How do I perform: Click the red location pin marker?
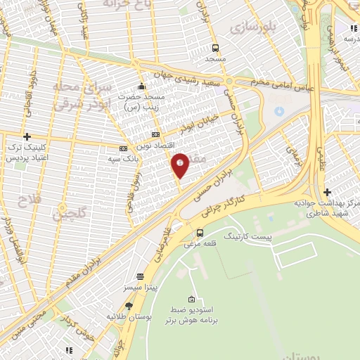[x=180, y=164]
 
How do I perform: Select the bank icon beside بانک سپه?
[x=123, y=148]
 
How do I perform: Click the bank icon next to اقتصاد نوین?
[x=155, y=134]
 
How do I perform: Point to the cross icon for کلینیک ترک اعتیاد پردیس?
[x=27, y=136]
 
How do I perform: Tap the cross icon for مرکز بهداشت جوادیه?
[x=326, y=192]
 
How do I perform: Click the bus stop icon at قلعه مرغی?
[x=200, y=233]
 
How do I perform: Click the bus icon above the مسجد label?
[x=214, y=48]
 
